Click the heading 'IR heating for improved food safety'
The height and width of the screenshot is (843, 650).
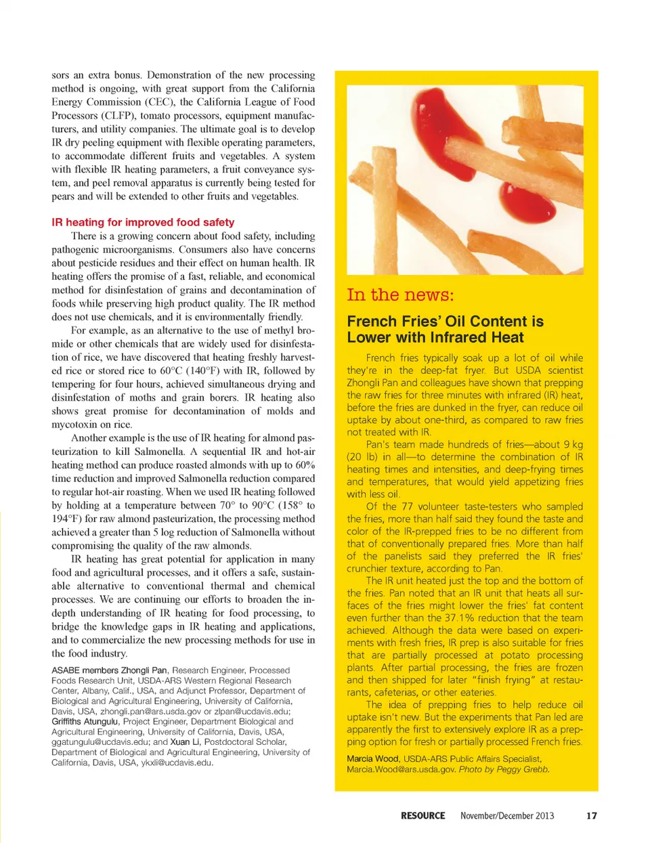[x=143, y=222]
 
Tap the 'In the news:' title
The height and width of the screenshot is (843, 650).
[x=400, y=295]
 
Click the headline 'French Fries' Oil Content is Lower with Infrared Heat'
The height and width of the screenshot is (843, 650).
[x=445, y=329]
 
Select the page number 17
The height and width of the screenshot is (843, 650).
[x=591, y=816]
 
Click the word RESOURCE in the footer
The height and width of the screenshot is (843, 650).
[x=422, y=816]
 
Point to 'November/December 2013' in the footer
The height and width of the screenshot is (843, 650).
[x=506, y=816]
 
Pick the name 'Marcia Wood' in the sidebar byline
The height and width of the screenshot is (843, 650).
[x=372, y=759]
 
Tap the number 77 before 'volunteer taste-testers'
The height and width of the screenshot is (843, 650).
[x=406, y=506]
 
